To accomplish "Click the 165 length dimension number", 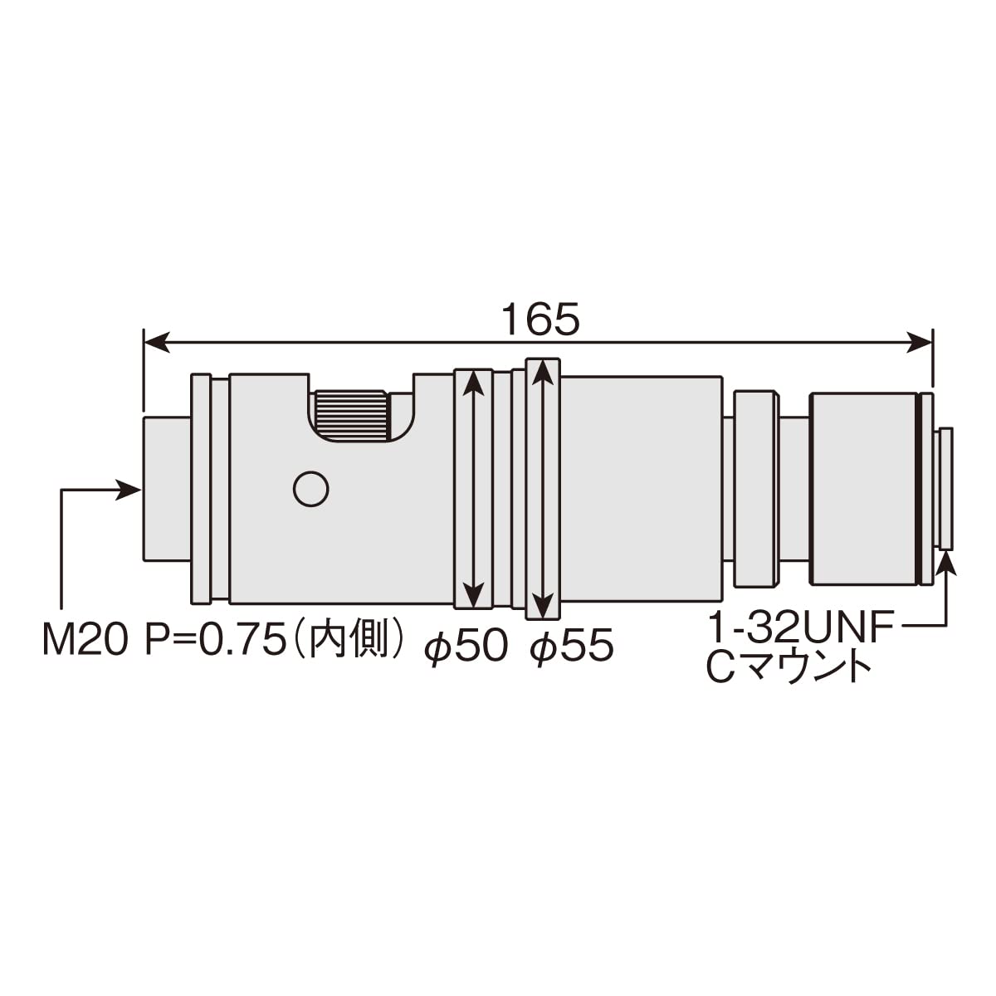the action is (540, 319).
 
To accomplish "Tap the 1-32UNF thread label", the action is (800, 627).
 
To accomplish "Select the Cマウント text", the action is (788, 669).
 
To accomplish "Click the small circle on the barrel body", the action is (310, 489).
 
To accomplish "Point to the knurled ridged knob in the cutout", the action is (351, 416).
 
